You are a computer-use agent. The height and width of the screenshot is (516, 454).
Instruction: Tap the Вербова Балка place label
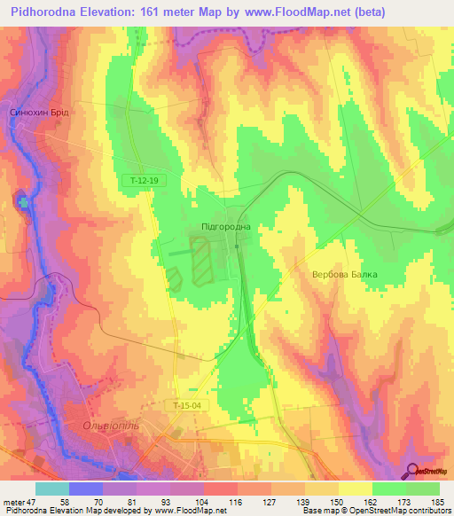pos(345,274)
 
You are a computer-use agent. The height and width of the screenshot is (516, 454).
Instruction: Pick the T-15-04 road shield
pos(183,405)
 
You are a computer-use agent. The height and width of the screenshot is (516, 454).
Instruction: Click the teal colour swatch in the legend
pos(52,489)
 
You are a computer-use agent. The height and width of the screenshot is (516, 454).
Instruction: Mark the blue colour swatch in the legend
pos(86,489)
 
